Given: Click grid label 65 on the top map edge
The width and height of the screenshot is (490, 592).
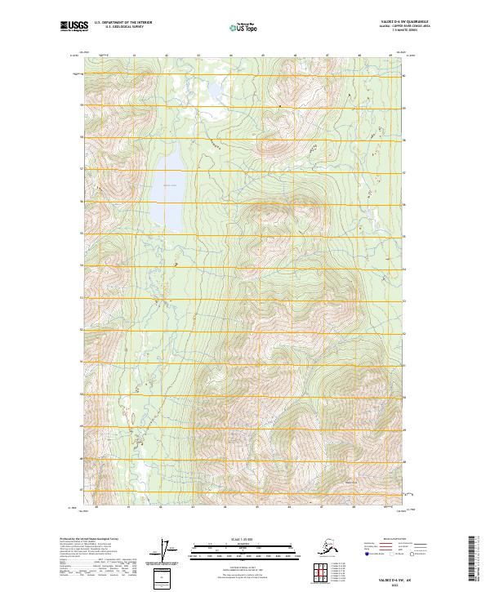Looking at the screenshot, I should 264,56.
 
